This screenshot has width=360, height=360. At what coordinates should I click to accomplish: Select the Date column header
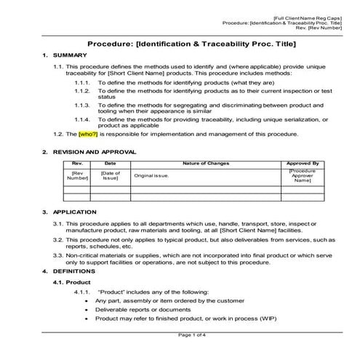coord(111,164)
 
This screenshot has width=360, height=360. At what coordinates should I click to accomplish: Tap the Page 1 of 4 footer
coord(193,335)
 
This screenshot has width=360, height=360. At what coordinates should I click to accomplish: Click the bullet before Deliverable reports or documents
coord(88,309)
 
